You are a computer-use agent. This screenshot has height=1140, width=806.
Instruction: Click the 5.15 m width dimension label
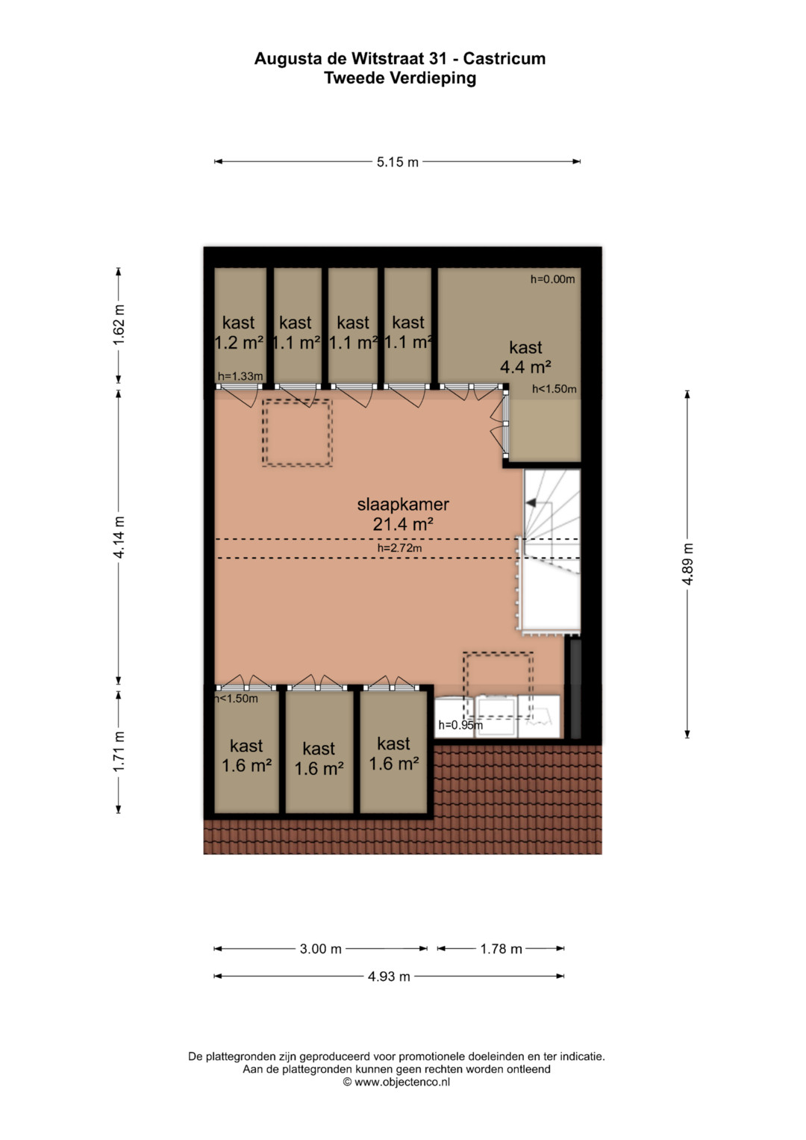pyautogui.click(x=397, y=162)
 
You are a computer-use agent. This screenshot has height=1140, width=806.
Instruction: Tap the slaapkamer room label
pyautogui.click(x=403, y=505)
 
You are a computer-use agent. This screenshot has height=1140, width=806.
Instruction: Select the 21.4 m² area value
pyautogui.click(x=403, y=523)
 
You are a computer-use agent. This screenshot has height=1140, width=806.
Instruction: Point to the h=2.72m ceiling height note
pyautogui.click(x=399, y=548)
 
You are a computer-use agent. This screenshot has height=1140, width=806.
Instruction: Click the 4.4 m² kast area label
pyautogui.click(x=525, y=367)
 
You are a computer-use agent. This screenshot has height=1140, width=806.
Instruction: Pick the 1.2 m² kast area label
pyautogui.click(x=239, y=343)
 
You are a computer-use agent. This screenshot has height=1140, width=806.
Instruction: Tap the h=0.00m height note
pyautogui.click(x=552, y=279)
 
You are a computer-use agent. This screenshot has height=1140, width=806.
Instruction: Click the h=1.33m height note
pyautogui.click(x=240, y=376)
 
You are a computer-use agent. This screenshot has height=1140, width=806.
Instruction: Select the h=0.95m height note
pyautogui.click(x=460, y=725)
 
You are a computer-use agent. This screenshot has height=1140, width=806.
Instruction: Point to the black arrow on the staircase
pyautogui.click(x=531, y=503)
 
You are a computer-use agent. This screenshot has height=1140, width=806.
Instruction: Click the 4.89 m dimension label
pyautogui.click(x=687, y=564)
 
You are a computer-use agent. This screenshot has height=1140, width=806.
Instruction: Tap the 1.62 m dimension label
pyautogui.click(x=119, y=325)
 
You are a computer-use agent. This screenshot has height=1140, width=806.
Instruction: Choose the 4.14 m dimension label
pyautogui.click(x=119, y=537)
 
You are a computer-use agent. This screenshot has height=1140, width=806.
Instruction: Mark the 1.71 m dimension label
pyautogui.click(x=119, y=751)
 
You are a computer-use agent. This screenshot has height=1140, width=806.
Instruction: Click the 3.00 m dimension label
pyautogui.click(x=321, y=949)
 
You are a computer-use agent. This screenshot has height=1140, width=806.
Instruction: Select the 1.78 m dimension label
pyautogui.click(x=502, y=949)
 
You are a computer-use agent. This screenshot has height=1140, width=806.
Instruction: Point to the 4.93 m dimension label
pyautogui.click(x=389, y=976)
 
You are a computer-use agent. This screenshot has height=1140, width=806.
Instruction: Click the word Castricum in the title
pyautogui.click(x=504, y=58)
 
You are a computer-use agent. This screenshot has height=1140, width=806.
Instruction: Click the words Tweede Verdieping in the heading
pyautogui.click(x=400, y=78)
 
